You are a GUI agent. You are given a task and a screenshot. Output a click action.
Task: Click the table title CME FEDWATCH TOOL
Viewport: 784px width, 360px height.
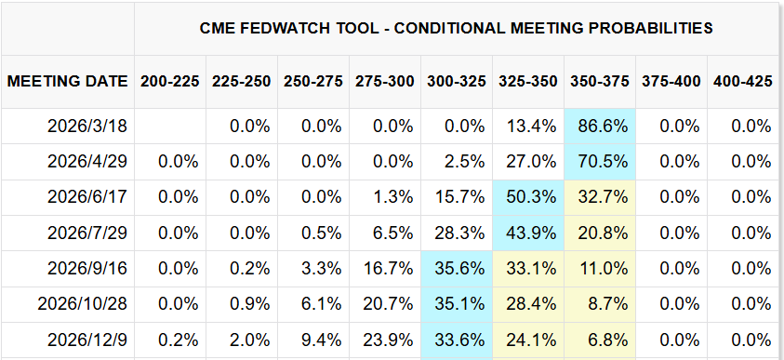pos(457,28)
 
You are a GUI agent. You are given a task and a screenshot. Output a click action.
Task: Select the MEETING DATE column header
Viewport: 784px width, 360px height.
pos(67,81)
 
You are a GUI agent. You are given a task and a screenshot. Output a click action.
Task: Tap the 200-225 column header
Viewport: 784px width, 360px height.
pos(170,81)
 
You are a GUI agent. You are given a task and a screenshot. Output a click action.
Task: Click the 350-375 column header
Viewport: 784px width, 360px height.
pos(601,81)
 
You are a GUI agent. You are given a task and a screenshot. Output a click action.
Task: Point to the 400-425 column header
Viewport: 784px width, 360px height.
pos(743,81)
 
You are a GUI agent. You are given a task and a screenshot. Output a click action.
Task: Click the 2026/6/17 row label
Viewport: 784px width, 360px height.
pos(89,196)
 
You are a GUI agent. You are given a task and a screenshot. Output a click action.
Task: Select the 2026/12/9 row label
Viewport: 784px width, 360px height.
pos(89,339)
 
